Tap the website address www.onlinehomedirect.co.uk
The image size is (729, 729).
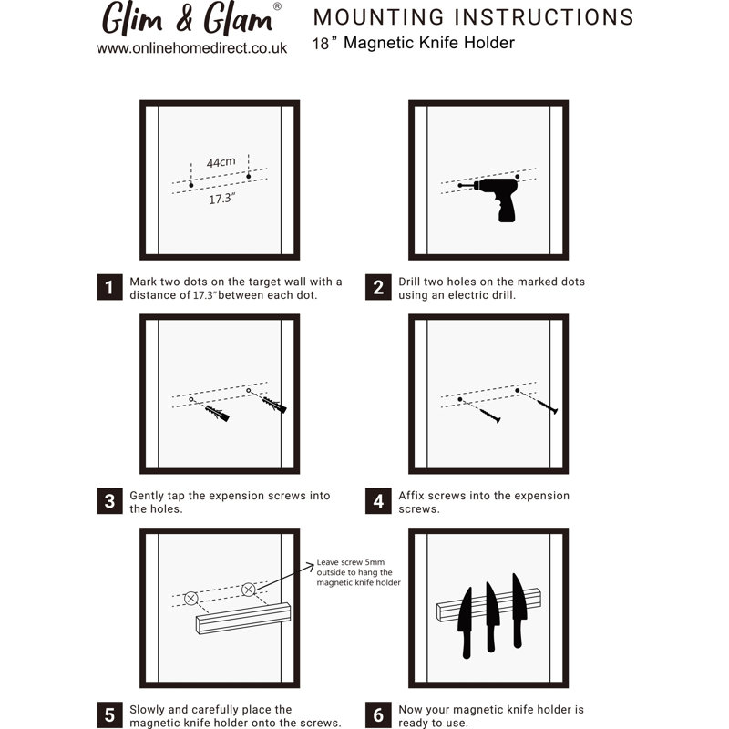click(191, 48)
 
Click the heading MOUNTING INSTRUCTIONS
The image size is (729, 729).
click(473, 17)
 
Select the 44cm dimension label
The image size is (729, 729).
click(221, 162)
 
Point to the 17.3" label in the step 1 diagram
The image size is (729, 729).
click(221, 199)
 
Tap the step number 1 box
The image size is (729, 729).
click(109, 287)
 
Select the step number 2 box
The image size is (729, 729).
click(378, 287)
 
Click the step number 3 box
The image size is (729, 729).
click(109, 500)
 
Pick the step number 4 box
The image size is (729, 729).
click(378, 500)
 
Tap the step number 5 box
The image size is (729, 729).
click(109, 715)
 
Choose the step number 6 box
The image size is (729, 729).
click(378, 715)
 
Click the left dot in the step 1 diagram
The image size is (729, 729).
click(191, 185)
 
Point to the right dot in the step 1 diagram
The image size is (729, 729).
click(248, 176)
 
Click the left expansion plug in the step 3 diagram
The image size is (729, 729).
click(217, 413)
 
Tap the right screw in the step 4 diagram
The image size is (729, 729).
click(546, 406)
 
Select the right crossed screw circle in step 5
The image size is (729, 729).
click(249, 590)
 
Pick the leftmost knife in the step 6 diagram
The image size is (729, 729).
click(465, 623)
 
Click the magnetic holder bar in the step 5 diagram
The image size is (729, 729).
click(243, 619)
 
